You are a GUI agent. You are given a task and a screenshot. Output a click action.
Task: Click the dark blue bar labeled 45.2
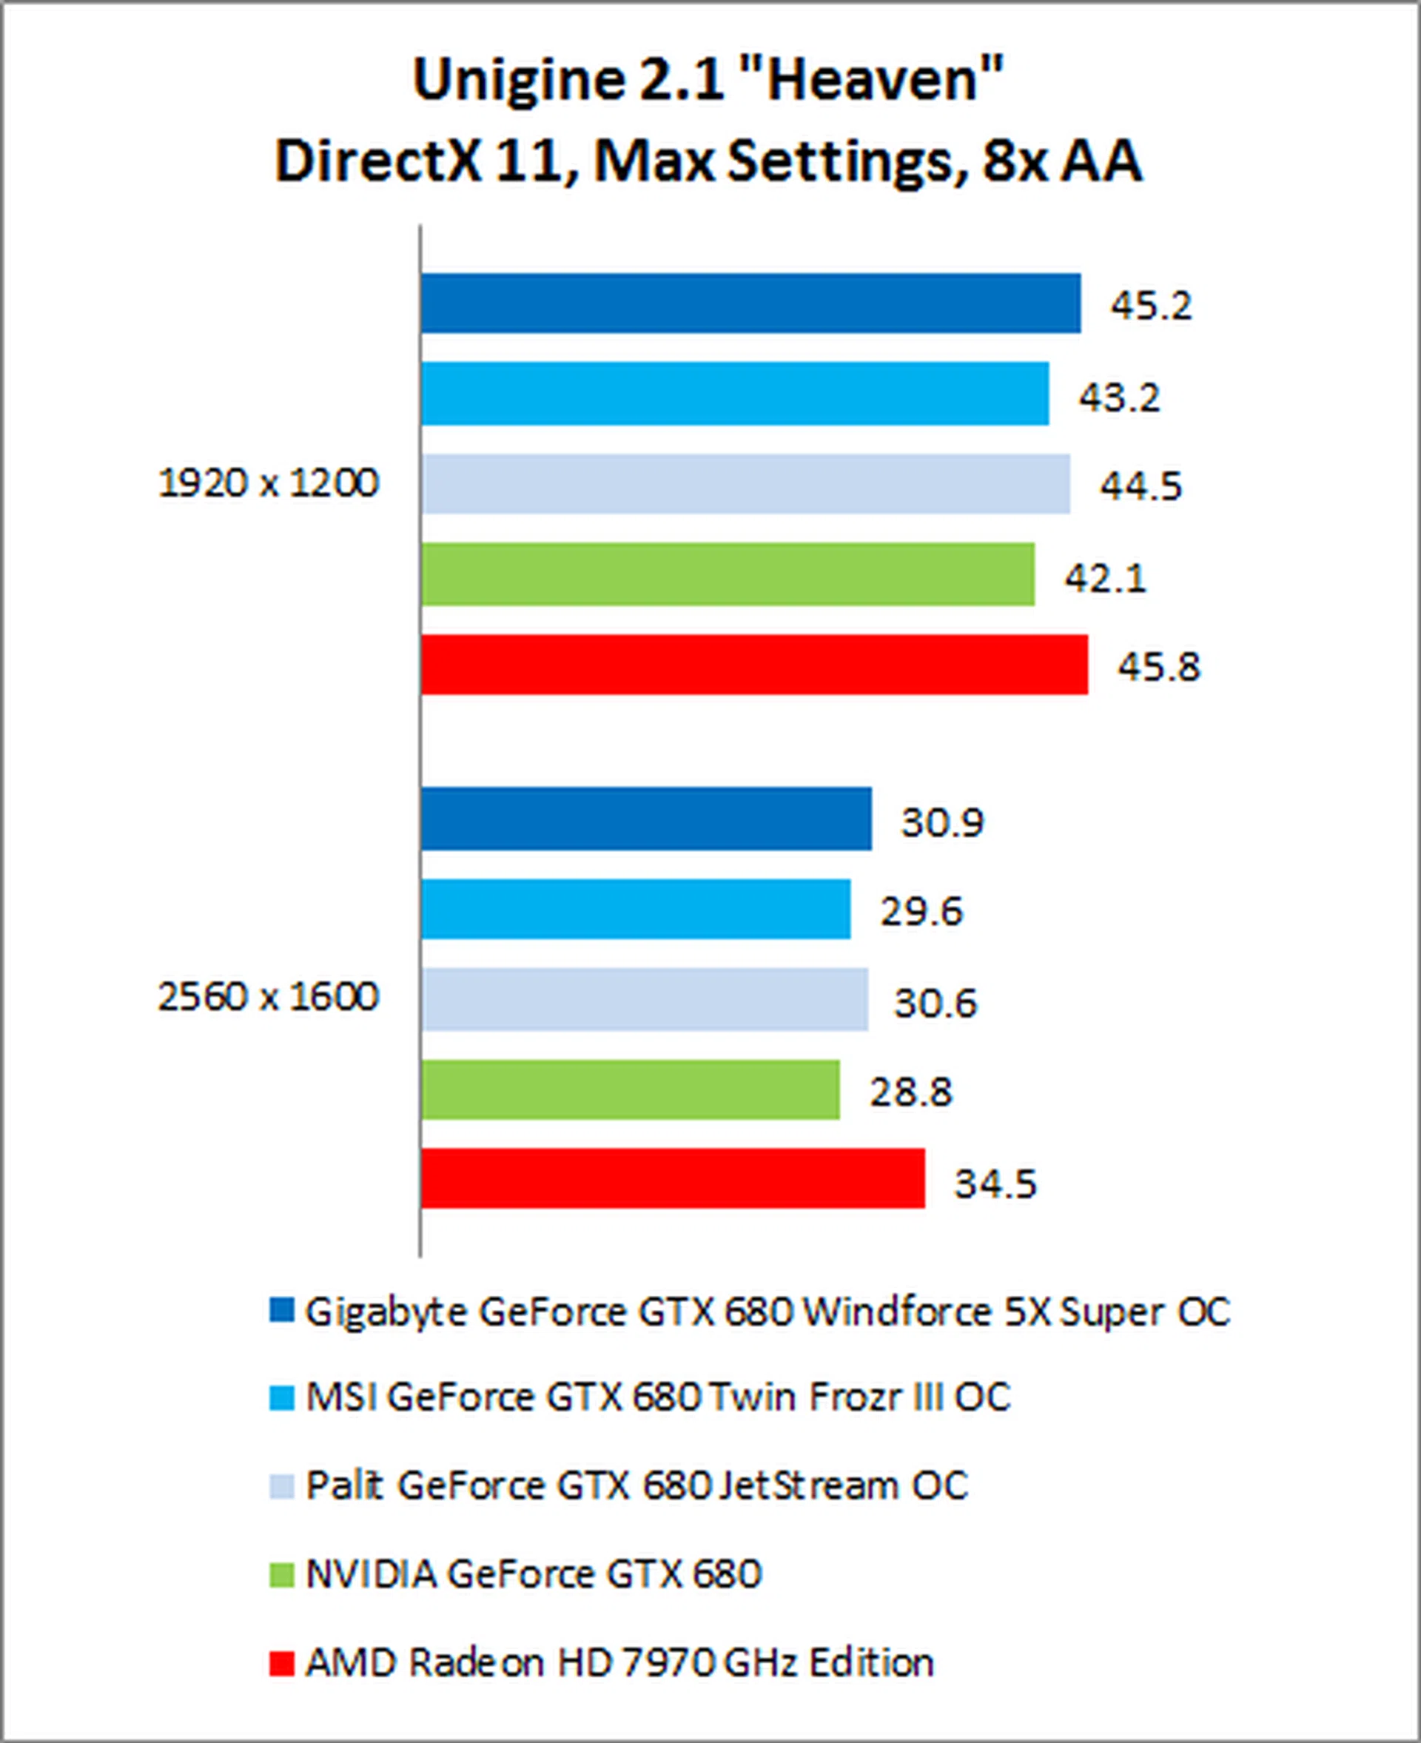pos(750,303)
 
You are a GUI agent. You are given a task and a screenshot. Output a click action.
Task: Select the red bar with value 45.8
pos(754,665)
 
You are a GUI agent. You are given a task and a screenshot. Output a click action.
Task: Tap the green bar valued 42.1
pos(727,575)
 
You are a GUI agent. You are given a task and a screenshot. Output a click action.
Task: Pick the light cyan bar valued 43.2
pos(734,394)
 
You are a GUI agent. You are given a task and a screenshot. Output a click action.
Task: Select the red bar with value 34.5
pos(672,1178)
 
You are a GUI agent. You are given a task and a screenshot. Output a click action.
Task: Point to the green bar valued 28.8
pos(630,1089)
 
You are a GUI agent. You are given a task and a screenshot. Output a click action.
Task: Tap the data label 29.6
pos(921,911)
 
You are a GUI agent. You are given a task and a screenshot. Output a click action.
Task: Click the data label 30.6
pos(935,1003)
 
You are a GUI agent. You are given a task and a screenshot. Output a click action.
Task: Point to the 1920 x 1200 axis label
pos(268,483)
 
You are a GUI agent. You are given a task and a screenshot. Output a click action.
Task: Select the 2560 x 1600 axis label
pos(268,997)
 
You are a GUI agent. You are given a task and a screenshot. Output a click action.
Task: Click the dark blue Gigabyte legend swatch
pos(281,1310)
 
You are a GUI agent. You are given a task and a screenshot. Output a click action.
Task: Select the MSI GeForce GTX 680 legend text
pos(657,1397)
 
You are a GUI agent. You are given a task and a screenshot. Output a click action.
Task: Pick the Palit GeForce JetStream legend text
pos(636,1485)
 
